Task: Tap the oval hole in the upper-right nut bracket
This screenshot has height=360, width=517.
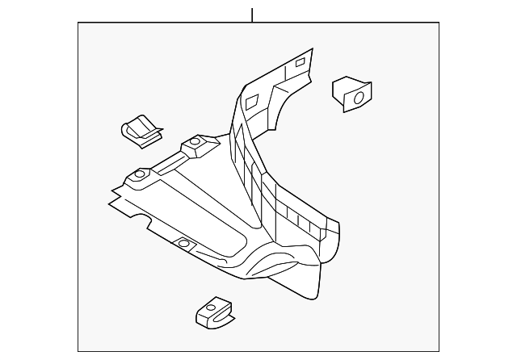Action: click(355, 98)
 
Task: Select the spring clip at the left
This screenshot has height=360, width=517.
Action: click(138, 131)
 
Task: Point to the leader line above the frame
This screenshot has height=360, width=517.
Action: click(253, 15)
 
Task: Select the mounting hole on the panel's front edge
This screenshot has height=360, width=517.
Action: click(183, 243)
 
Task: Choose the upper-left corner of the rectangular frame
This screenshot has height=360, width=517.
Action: click(78, 23)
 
